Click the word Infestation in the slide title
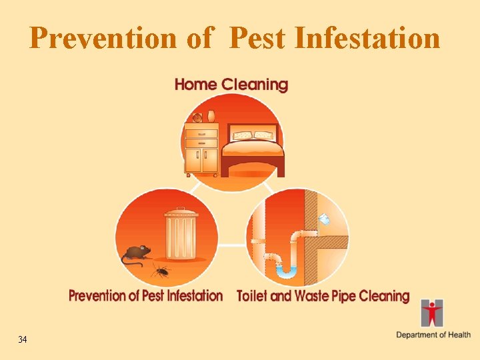point(367,38)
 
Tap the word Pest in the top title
point(257,38)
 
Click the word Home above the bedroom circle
point(195,85)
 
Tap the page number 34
point(23,340)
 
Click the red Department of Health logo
point(432,313)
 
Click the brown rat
point(136,253)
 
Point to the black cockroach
point(160,269)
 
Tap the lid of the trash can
point(181,213)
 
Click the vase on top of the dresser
point(211,116)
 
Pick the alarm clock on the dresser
point(197,118)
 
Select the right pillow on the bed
point(264,135)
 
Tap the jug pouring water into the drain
point(325,219)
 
